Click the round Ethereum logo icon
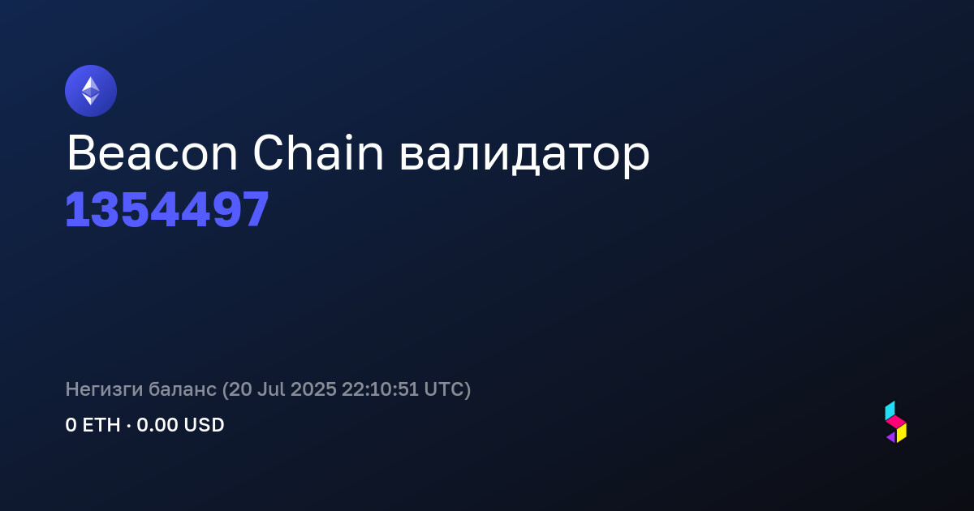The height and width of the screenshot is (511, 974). [x=91, y=91]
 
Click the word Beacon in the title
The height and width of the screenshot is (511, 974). [x=152, y=153]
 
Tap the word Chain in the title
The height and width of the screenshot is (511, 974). [x=318, y=152]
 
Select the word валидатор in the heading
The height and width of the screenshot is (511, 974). [x=524, y=157]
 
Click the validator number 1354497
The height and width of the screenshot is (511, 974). [x=167, y=209]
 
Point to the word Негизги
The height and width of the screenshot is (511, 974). [x=104, y=389]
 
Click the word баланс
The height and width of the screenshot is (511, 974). [x=182, y=389]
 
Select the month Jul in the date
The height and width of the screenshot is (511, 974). [x=271, y=389]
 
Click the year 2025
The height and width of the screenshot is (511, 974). [x=313, y=389]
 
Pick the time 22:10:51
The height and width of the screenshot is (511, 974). [x=380, y=389]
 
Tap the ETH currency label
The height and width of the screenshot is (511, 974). [x=101, y=425]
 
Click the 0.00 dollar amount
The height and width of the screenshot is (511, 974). [x=157, y=425]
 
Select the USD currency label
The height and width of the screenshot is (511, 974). [x=204, y=425]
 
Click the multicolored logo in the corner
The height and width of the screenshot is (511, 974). [x=896, y=422]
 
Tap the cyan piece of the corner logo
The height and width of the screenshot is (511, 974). [x=890, y=410]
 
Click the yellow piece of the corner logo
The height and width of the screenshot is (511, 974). [x=902, y=433]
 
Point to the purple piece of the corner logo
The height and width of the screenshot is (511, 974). [x=891, y=437]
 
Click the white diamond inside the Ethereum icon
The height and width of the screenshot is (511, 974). [x=91, y=91]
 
